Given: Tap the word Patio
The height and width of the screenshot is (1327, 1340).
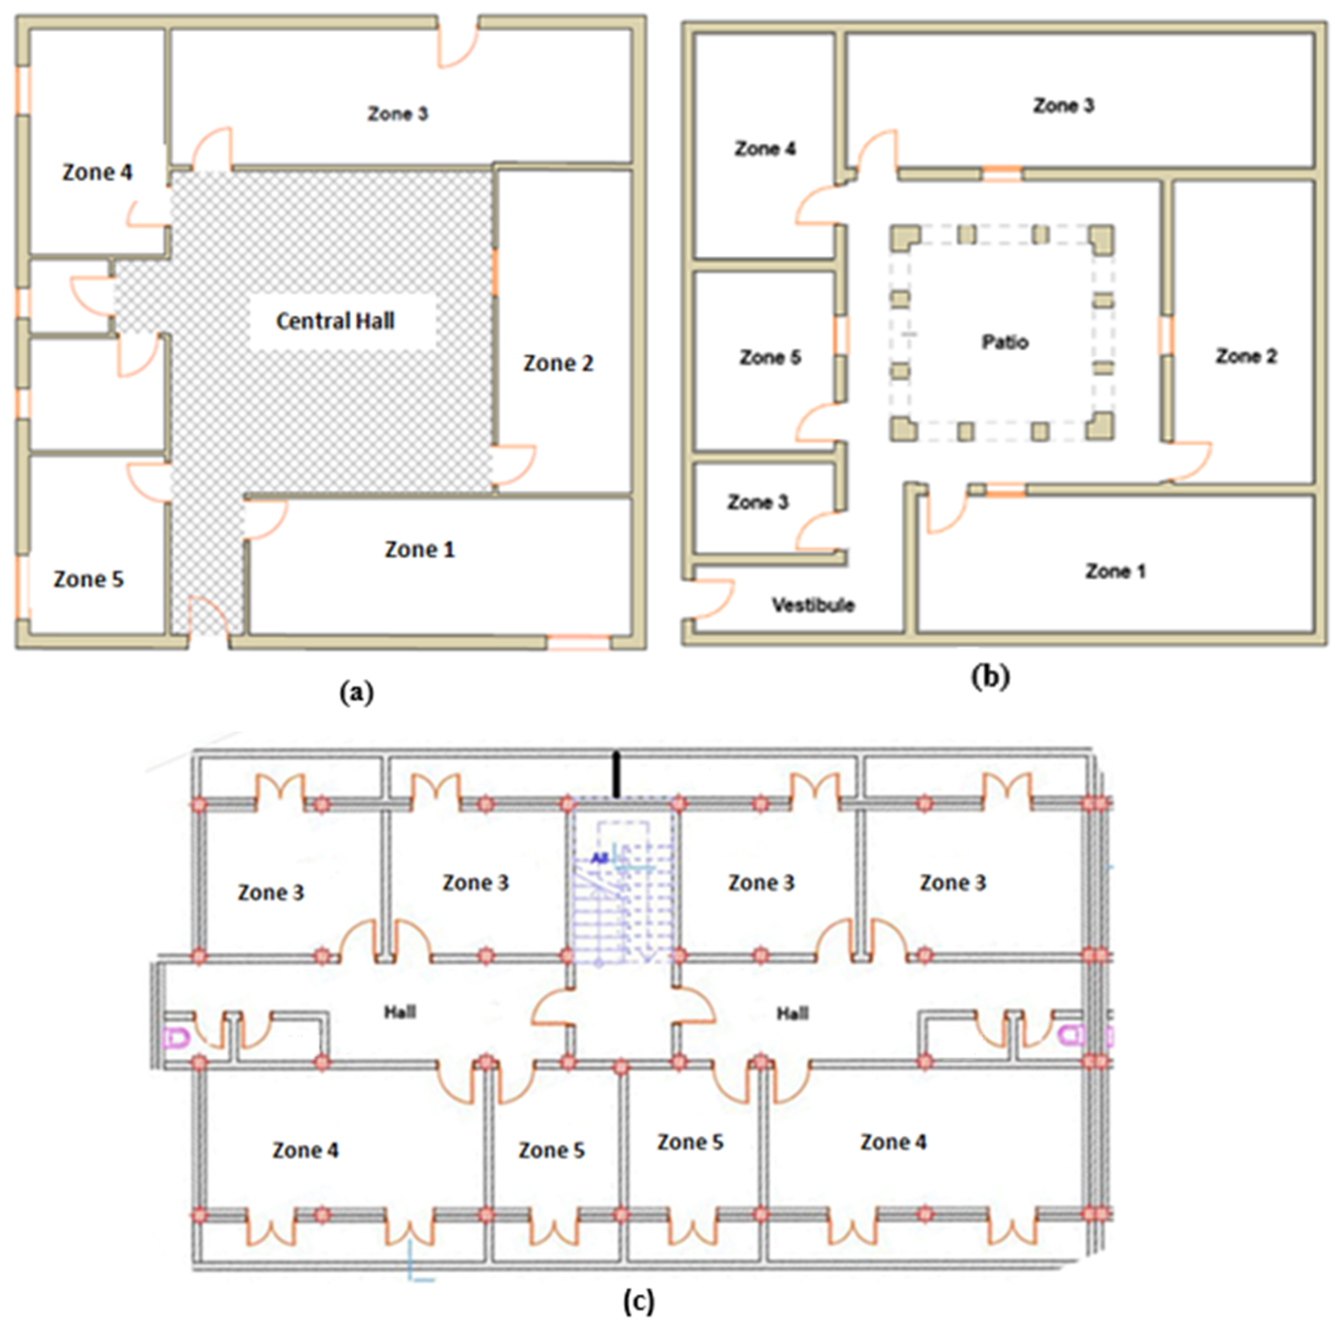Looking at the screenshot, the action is click(1005, 342).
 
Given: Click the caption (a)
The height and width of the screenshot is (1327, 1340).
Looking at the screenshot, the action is click(357, 693).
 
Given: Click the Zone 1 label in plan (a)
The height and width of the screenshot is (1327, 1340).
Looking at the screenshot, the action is click(420, 549).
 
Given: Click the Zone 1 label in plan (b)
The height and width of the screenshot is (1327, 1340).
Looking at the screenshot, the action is click(1115, 571).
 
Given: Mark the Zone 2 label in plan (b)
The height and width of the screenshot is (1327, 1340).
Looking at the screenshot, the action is click(1246, 356).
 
